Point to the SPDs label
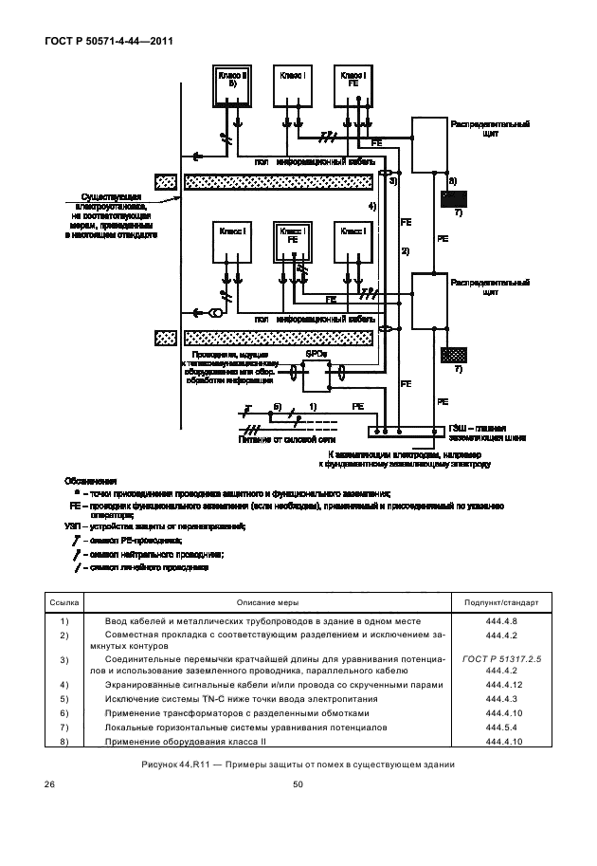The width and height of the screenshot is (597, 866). click(317, 353)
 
